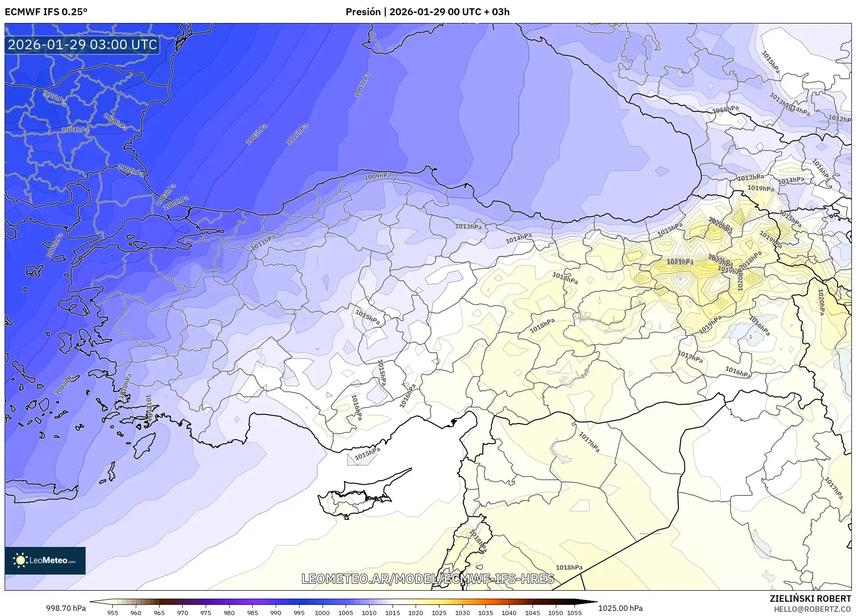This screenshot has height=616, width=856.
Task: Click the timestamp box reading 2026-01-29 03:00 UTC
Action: click(x=82, y=45)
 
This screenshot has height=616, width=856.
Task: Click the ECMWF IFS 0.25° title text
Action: click(x=46, y=12)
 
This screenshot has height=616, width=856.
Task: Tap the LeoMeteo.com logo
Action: click(x=45, y=560)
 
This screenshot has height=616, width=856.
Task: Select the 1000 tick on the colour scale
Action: click(x=322, y=612)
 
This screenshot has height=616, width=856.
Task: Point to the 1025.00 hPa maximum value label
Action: click(x=620, y=608)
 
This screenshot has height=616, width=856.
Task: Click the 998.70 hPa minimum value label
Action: click(x=66, y=608)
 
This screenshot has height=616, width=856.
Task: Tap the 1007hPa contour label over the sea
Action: click(x=362, y=85)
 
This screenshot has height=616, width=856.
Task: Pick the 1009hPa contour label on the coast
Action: click(x=377, y=176)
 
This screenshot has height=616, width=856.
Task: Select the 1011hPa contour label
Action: click(x=263, y=243)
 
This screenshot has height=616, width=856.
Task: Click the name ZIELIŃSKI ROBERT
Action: click(x=810, y=599)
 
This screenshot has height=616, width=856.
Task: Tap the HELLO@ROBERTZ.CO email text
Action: click(x=812, y=609)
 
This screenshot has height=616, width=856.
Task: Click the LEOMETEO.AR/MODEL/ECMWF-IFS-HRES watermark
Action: click(x=428, y=579)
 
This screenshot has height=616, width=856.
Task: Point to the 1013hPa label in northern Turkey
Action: click(x=468, y=227)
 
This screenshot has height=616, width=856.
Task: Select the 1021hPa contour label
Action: click(x=680, y=262)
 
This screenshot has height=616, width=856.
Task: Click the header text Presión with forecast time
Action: click(x=428, y=12)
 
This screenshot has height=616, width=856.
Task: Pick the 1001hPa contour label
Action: click(x=75, y=130)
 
